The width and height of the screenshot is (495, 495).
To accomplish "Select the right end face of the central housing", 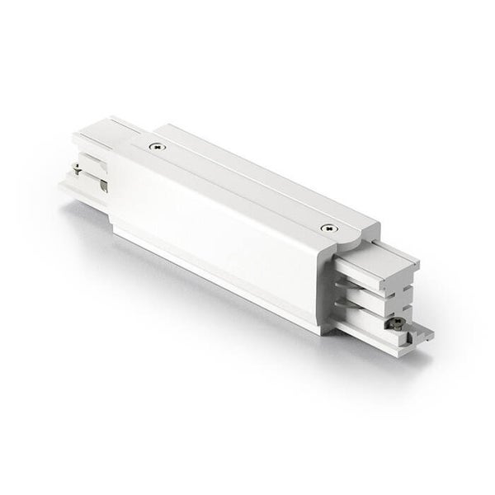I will (346, 280).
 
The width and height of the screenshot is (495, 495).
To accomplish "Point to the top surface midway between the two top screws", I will (243, 186).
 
